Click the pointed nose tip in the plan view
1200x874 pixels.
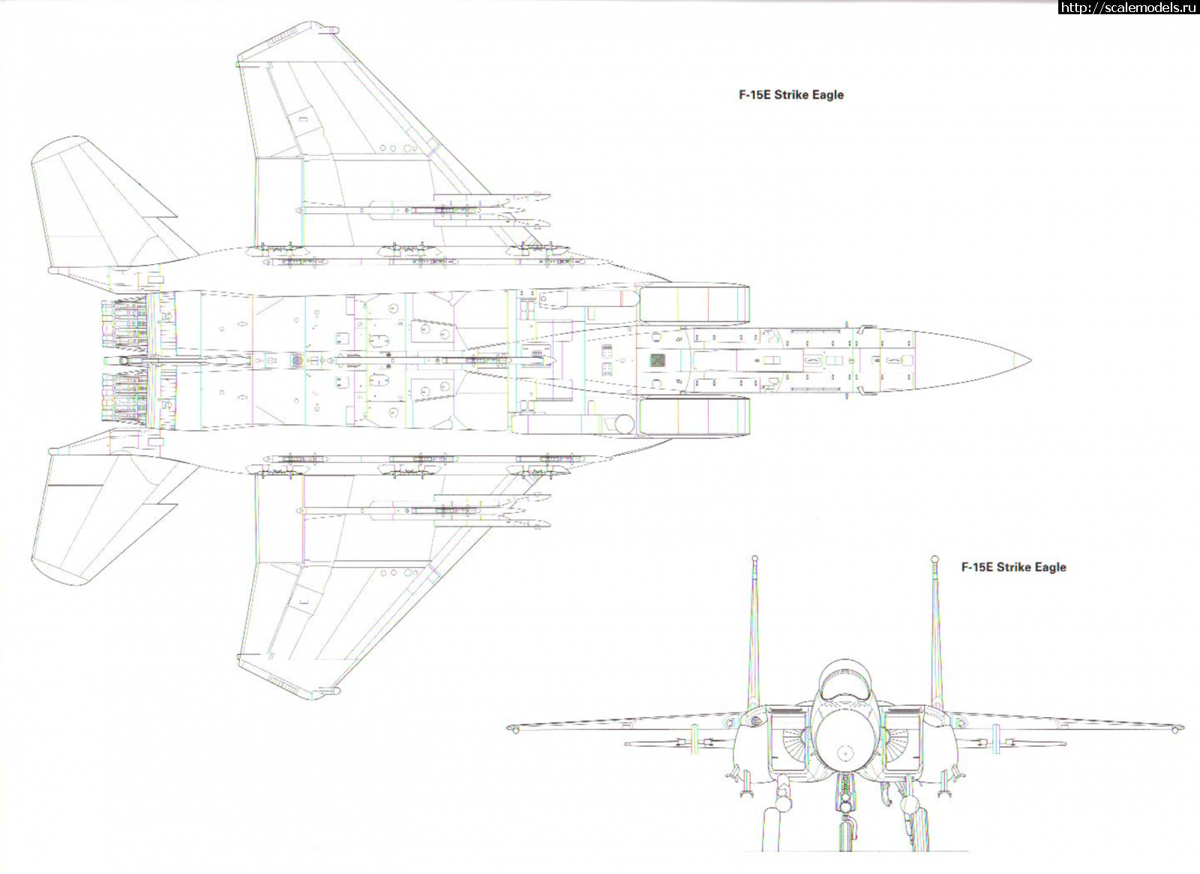[1030, 361]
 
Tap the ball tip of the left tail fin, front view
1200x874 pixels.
[754, 559]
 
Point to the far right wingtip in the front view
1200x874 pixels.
[1181, 728]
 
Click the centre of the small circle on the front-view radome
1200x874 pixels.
[845, 753]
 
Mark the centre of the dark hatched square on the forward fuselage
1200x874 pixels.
[658, 360]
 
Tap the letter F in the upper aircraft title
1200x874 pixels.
[742, 95]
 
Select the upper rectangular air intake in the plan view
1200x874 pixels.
[694, 304]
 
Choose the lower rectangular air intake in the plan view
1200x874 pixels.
[694, 416]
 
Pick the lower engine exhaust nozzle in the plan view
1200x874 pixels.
[124, 397]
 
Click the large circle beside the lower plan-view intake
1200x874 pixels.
[623, 424]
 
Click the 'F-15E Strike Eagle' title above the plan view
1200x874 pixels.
[791, 95]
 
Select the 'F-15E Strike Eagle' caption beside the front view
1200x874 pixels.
[1013, 567]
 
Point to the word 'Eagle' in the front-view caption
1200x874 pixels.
[1050, 567]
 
